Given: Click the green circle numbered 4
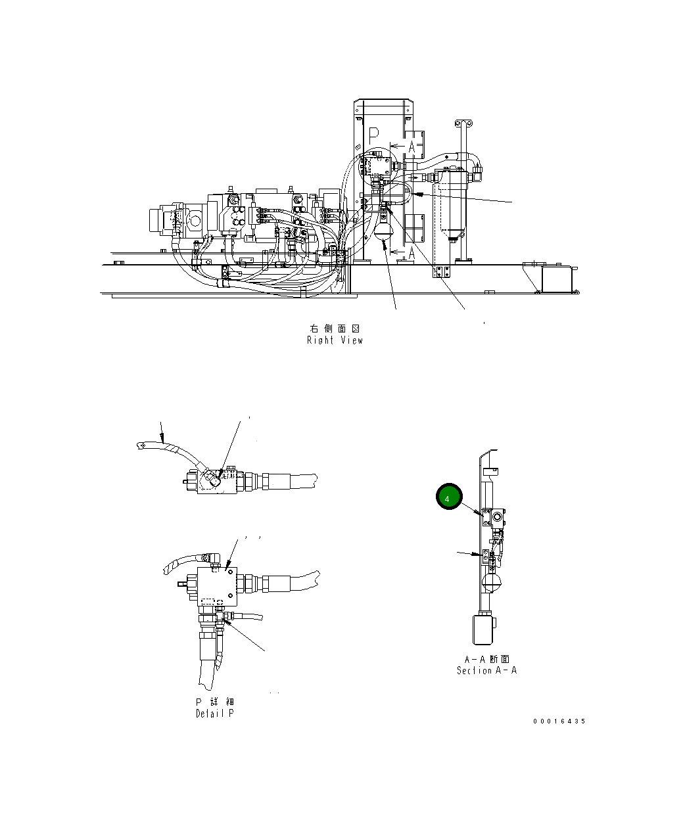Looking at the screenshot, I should coord(449,498).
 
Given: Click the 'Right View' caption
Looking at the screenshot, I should coord(335,340).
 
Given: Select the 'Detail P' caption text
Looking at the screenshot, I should coord(214,714).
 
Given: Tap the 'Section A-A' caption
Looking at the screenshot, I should coord(486,671).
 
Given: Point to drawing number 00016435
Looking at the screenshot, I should coord(559,721).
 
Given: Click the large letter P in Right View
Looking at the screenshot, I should coord(373,136).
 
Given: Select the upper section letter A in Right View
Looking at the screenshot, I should coord(412,147).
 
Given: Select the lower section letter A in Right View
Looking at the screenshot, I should coord(412,252).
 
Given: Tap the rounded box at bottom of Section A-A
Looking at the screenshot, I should coord(483,629).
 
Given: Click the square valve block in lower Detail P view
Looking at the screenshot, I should coord(216,585).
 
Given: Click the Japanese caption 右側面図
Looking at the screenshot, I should coord(335,328).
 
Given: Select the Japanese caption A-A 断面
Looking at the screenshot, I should coord(487,659).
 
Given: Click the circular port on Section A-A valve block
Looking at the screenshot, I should coord(496,518).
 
